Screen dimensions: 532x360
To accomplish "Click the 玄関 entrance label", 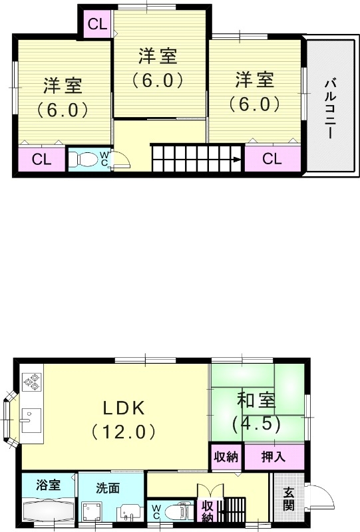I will coord(289,499).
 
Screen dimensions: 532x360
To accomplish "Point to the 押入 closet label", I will coord(274,457).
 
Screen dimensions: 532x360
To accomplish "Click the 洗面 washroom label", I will coord(106,488).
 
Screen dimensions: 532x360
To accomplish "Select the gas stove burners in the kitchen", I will coord(31,382).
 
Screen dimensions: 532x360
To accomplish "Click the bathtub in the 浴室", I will coord(49,513).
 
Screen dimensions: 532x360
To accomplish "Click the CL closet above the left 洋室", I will coord(96,25).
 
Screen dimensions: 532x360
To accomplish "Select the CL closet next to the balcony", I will coord(271,159).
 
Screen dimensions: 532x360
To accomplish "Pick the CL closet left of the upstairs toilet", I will coord(41,159).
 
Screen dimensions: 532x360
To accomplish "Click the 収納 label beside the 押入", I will coord(226,457).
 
